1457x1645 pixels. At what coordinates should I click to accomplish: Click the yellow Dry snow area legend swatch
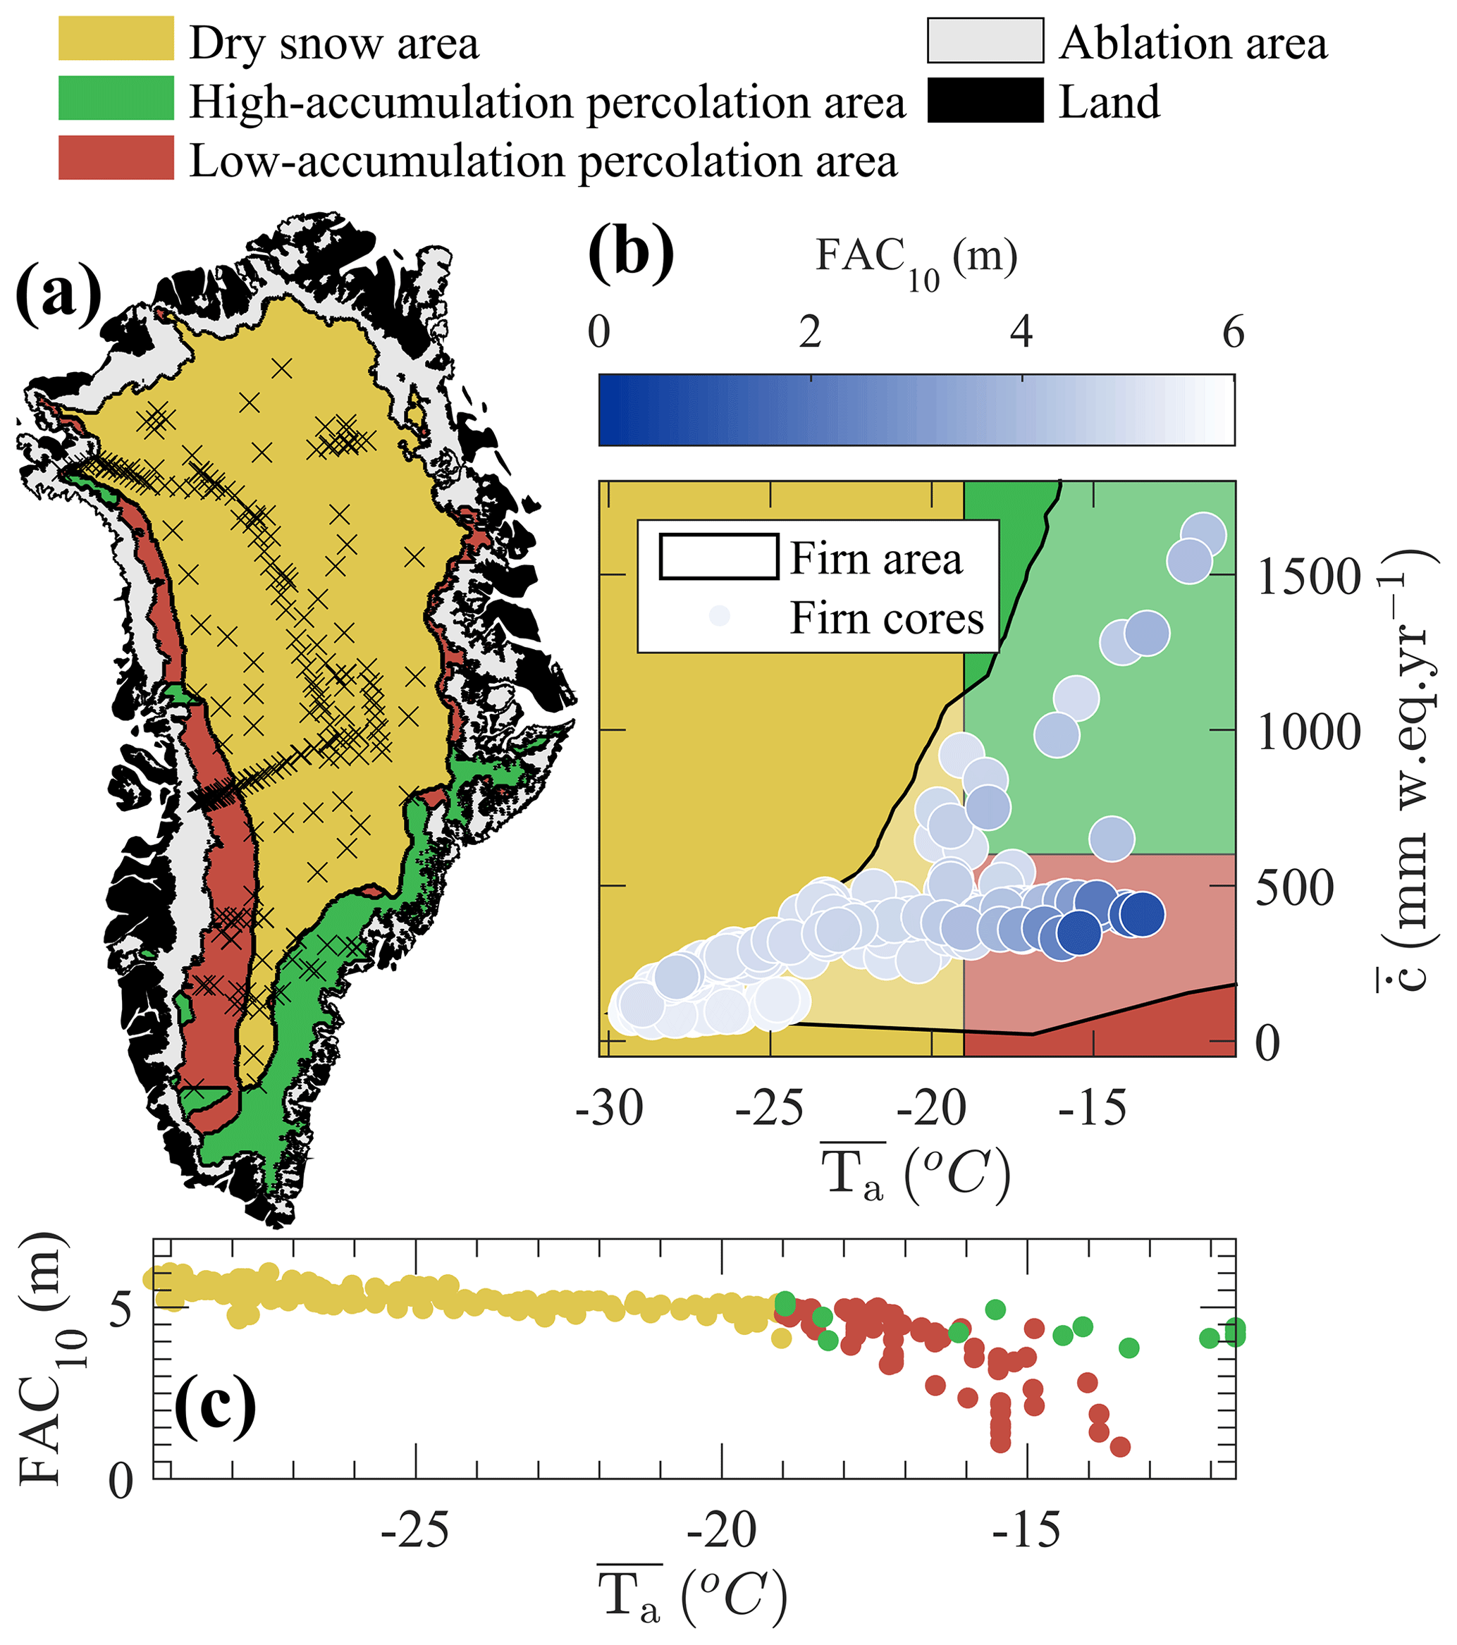click(x=116, y=39)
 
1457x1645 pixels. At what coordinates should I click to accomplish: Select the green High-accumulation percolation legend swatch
click(x=116, y=98)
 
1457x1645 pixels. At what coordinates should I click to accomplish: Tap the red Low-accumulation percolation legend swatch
click(x=116, y=158)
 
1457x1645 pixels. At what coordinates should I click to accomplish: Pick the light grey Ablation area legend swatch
click(x=985, y=40)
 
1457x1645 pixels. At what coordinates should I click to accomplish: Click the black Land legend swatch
click(x=985, y=100)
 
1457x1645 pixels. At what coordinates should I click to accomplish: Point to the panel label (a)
click(x=58, y=295)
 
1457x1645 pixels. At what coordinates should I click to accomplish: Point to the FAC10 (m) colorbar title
click(x=916, y=261)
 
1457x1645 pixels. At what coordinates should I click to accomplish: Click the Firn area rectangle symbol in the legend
click(x=719, y=557)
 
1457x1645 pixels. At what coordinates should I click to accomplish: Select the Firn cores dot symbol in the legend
click(x=719, y=616)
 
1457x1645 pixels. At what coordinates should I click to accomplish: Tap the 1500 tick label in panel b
click(x=1309, y=577)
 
